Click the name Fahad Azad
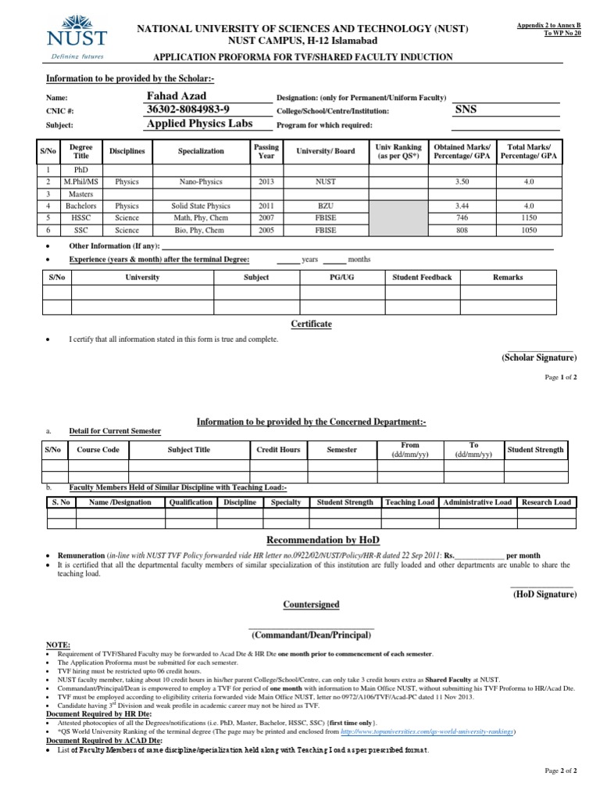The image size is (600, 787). (177, 96)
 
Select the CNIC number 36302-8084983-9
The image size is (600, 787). (188, 110)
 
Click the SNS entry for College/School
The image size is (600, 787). (465, 110)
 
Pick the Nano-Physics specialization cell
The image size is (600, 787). (200, 181)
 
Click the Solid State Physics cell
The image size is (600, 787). (200, 207)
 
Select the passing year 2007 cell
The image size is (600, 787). (266, 218)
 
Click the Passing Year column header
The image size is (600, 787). (266, 150)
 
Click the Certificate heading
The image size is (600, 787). (311, 324)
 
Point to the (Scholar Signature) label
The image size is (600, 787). (538, 358)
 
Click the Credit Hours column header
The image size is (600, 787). (278, 450)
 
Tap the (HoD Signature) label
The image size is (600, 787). (544, 595)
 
